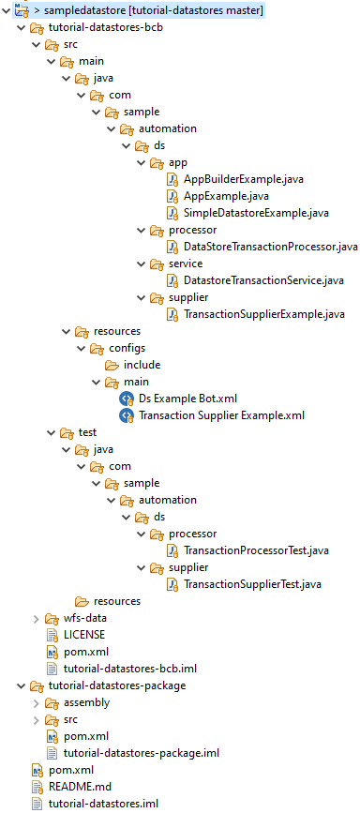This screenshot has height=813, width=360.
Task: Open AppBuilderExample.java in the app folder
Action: (244, 179)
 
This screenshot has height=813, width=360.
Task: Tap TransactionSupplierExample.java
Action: (264, 314)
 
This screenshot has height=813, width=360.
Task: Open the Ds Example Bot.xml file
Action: (188, 399)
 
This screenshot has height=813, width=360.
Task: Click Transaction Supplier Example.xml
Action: (221, 415)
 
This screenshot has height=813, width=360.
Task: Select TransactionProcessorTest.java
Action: (256, 550)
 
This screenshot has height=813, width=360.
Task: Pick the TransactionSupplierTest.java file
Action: (252, 584)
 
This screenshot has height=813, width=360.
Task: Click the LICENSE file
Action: (84, 634)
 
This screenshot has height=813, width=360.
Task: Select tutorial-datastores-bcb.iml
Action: (129, 669)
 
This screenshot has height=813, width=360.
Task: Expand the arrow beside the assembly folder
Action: (36, 703)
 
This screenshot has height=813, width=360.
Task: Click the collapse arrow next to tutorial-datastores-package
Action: (21, 686)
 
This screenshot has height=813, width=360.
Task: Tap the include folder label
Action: (142, 365)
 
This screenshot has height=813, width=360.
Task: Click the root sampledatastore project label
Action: (155, 10)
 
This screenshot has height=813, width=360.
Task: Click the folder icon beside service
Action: (157, 264)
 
